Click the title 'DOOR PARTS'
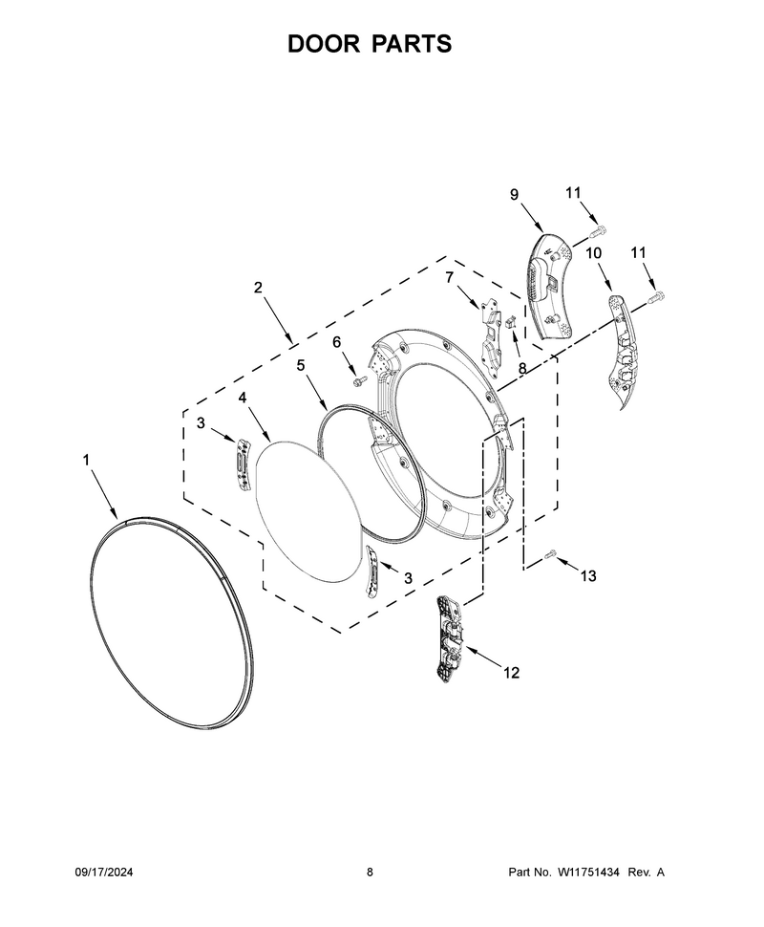pos(370,44)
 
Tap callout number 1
pos(86,460)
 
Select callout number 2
pos(258,288)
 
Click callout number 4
pos(243,398)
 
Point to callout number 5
pos(301,365)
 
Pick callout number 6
pos(337,342)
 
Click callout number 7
pos(450,277)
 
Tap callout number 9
pos(514,194)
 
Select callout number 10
pos(594,253)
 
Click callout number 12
pos(512,672)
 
